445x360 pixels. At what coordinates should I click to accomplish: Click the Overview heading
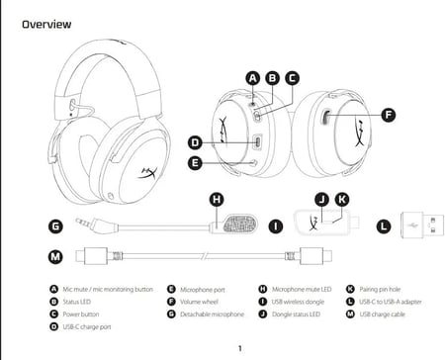[47, 22]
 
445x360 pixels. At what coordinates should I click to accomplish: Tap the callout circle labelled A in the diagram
[252, 77]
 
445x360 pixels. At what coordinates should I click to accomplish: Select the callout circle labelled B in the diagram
[272, 77]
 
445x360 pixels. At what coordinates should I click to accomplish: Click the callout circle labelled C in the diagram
[292, 77]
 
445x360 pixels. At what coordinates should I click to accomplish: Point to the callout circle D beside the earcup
[196, 142]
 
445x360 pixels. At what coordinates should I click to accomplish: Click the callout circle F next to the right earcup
[388, 115]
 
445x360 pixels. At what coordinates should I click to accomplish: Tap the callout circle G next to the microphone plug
[56, 225]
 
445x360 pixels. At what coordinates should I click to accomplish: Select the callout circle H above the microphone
[217, 199]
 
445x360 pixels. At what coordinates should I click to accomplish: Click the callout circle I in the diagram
[277, 225]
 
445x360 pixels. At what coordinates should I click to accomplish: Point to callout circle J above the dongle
[320, 199]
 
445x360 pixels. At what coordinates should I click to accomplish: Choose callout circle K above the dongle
[341, 199]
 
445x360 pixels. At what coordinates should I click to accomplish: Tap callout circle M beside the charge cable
[56, 257]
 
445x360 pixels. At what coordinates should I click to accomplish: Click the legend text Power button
[85, 314]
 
